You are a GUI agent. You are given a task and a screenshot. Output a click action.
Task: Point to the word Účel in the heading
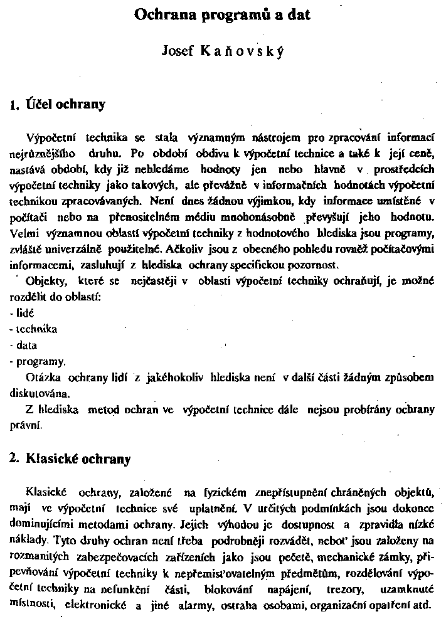click(40, 104)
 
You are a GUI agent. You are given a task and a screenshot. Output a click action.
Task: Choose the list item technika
click(36, 329)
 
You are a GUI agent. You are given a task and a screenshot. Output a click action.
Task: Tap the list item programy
click(40, 362)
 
